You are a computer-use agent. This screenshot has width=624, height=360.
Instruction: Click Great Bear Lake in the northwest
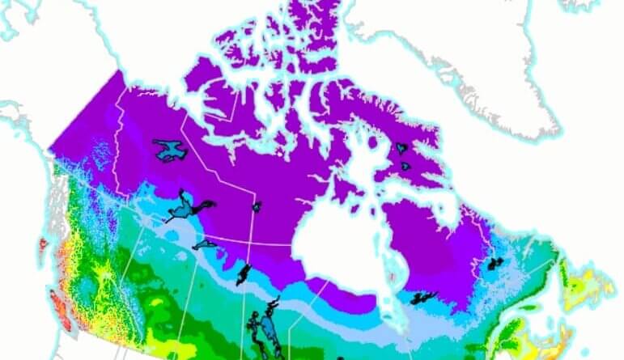click(x=169, y=150)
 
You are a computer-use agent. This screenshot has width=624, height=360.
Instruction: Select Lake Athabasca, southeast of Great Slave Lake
click(x=206, y=244)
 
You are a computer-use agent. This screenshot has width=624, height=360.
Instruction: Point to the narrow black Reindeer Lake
click(x=243, y=273)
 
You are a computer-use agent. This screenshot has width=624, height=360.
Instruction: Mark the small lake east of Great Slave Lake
click(x=257, y=207)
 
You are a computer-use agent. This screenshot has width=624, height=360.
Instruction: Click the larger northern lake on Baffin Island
click(x=402, y=149)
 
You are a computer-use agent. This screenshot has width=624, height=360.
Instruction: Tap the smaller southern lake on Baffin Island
click(x=405, y=167)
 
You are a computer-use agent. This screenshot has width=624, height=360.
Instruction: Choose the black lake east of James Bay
click(x=422, y=298)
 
